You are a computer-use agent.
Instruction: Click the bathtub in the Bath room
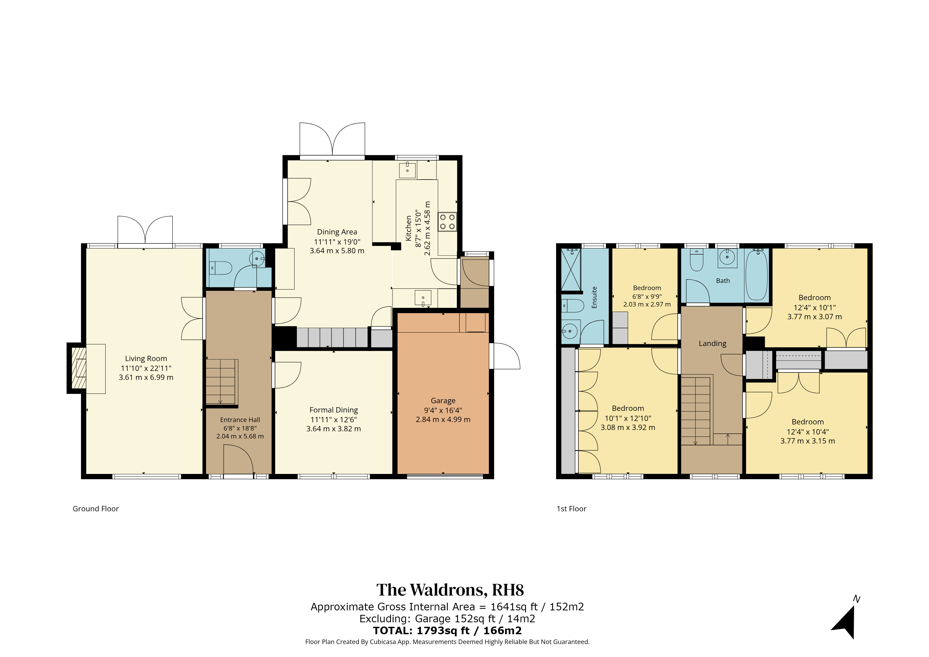(756, 275)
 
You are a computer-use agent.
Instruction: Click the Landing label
(713, 344)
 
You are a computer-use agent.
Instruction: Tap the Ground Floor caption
(96, 509)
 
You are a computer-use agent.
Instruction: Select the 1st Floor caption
(571, 509)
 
